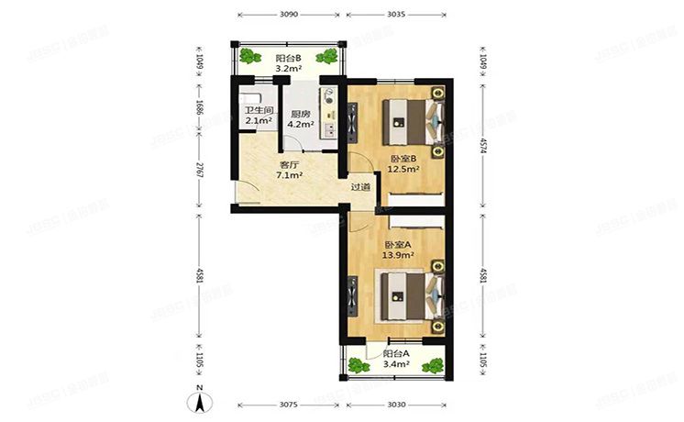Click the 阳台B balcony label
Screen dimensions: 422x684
click(x=290, y=58)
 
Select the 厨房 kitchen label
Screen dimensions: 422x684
click(x=301, y=115)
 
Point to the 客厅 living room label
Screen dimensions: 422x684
click(x=291, y=166)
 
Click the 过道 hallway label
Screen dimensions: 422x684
click(x=360, y=187)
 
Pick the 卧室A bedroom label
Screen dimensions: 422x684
click(x=397, y=245)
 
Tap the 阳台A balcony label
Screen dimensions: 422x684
click(x=396, y=353)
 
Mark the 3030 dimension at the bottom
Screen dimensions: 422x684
click(x=397, y=404)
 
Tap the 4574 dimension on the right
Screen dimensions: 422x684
click(x=484, y=146)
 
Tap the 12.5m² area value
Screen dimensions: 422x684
click(x=403, y=169)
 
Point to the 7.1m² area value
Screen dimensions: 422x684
click(x=291, y=177)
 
